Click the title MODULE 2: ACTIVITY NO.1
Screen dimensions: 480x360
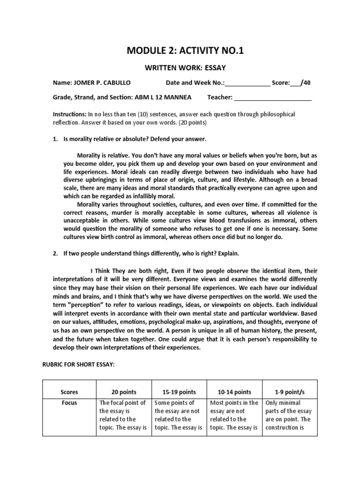coord(180,51)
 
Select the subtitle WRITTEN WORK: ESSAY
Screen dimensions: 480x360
coord(180,68)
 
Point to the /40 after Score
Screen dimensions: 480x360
coord(306,83)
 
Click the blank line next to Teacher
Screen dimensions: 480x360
coord(273,97)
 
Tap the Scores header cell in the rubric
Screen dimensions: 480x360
coord(69,392)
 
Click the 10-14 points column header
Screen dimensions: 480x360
coord(234,392)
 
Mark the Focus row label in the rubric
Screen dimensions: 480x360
coord(69,403)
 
